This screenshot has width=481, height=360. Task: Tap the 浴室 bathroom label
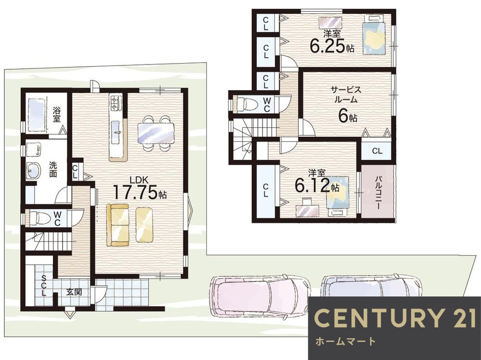[56, 114]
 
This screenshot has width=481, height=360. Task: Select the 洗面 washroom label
[53, 169]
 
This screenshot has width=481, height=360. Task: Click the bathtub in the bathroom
[37, 114]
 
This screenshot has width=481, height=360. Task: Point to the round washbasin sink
[34, 170]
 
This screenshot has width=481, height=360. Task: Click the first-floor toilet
[39, 219]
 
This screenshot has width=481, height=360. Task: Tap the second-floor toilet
[247, 104]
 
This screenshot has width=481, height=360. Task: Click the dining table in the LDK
[156, 133]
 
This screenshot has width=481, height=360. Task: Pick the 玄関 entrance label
[74, 292]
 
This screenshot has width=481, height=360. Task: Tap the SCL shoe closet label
[44, 285]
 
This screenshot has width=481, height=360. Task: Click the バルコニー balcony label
[378, 193]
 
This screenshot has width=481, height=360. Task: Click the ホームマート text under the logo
[345, 341]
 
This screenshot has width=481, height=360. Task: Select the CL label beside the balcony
[377, 151]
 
